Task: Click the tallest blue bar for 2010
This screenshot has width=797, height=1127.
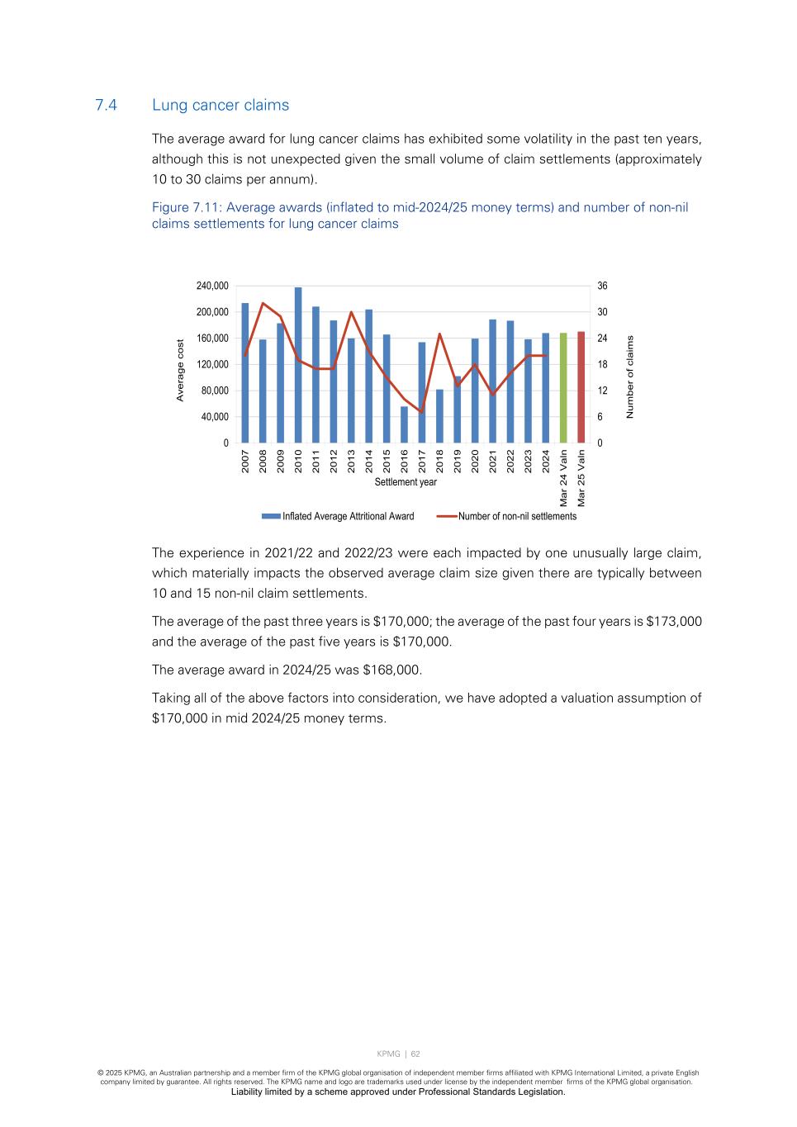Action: coord(298,365)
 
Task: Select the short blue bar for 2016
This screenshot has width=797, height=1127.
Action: coord(404,424)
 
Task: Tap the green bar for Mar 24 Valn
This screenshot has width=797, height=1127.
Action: coord(563,388)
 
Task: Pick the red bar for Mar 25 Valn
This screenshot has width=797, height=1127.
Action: coord(581,387)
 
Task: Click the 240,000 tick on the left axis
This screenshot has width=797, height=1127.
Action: coord(212,286)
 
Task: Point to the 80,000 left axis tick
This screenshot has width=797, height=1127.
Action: coord(215,391)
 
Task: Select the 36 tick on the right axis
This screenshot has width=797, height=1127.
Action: coord(603,286)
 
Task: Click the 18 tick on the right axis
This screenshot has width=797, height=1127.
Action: coord(603,365)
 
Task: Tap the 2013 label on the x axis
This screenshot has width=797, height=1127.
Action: coord(352,461)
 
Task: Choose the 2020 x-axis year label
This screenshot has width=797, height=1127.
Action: coord(475,461)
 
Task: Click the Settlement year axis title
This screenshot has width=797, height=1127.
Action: coord(406,482)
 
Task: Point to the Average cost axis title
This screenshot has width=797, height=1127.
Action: coord(180,371)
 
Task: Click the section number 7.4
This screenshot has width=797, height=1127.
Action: coord(106,106)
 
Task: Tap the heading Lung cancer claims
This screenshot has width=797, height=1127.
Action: coord(221,106)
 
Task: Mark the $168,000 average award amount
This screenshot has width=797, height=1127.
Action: coord(391,670)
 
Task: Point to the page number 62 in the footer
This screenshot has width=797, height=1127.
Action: coord(415,1054)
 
